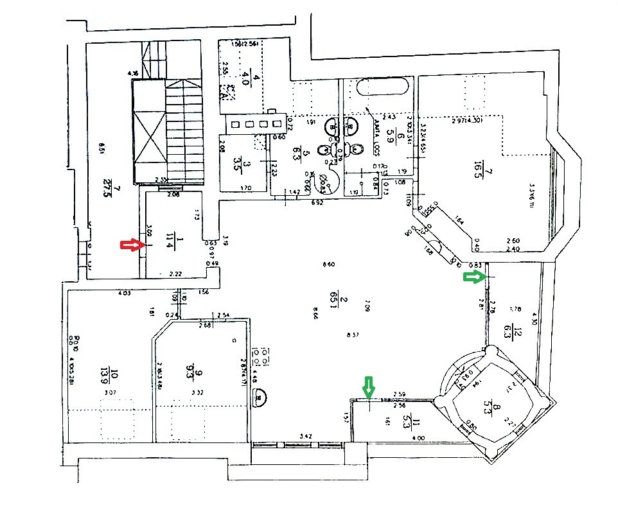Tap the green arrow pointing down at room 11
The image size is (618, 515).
[369, 387]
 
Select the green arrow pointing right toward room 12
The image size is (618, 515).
[475, 277]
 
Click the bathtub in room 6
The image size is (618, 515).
[384, 87]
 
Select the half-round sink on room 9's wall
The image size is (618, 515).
[260, 399]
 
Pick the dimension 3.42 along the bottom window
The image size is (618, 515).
[306, 437]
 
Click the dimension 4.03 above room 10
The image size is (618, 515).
[125, 294]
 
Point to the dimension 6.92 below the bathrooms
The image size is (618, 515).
[317, 202]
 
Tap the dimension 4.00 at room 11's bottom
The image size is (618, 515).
[418, 438]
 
